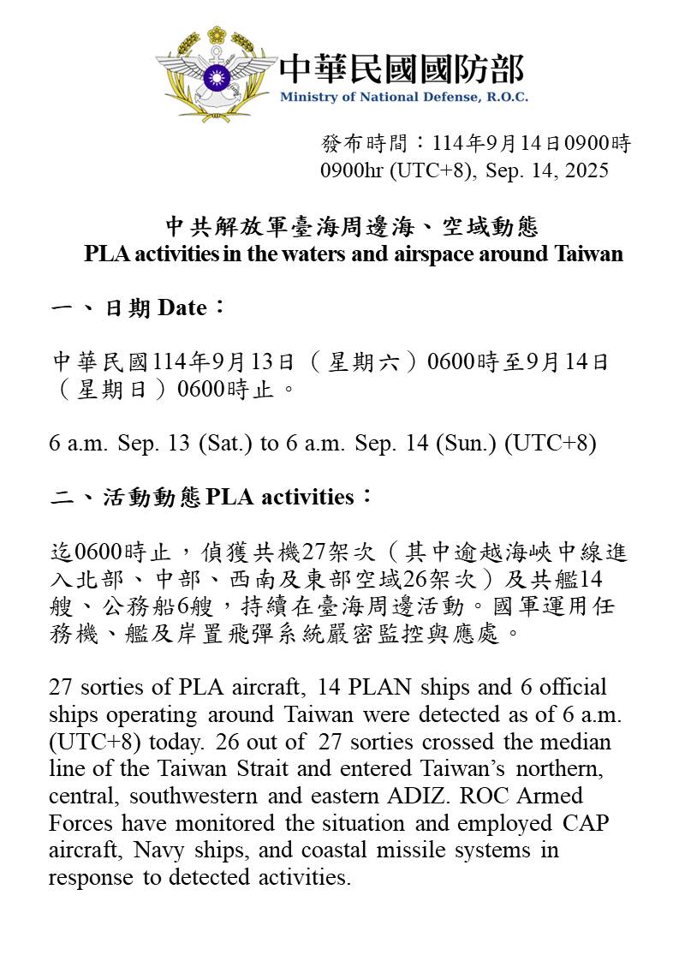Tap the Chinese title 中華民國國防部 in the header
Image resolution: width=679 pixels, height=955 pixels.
click(402, 68)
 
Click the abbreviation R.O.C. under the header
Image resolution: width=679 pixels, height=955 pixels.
click(508, 97)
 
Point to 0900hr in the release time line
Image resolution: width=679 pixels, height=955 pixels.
click(353, 170)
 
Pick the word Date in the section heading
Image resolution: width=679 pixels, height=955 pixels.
click(182, 308)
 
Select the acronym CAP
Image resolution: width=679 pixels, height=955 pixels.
click(591, 823)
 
